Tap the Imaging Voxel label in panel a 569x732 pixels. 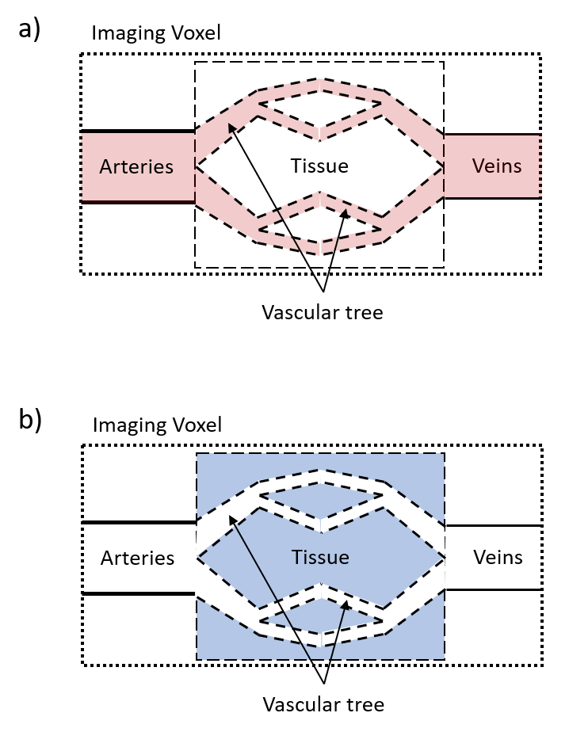(156, 33)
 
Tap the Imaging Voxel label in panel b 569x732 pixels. (157, 425)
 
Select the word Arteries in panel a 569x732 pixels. (136, 167)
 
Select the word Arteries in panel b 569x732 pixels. (137, 558)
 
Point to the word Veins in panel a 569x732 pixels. (497, 166)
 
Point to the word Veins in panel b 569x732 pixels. (498, 556)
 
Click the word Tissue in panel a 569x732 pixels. (319, 166)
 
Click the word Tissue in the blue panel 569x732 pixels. (319, 557)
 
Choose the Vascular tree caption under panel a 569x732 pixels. (323, 312)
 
